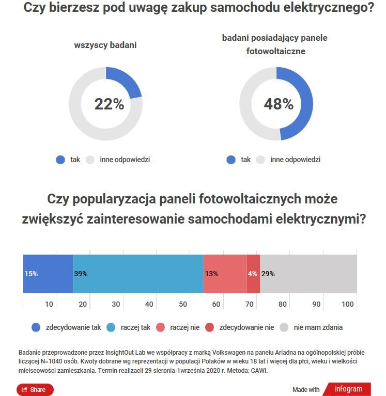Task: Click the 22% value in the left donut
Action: (x=109, y=104)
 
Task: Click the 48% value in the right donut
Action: (x=279, y=104)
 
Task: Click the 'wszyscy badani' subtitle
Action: (x=105, y=45)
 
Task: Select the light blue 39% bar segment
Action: (x=138, y=274)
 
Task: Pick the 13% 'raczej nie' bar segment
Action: (x=225, y=274)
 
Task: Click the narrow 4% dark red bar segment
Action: (x=253, y=274)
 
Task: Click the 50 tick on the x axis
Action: (x=182, y=304)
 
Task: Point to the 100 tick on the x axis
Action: (x=348, y=304)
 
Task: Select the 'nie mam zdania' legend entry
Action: (x=311, y=327)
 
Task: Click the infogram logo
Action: (x=348, y=389)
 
